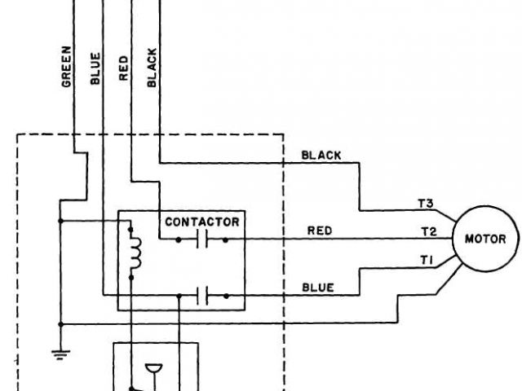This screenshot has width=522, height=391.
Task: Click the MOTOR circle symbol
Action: pos(485,239)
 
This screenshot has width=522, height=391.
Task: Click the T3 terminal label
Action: pos(424,203)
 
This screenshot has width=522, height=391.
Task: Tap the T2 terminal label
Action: pos(429,231)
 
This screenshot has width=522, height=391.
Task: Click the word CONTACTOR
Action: pos(202,222)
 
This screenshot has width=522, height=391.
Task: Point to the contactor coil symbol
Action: pos(136,254)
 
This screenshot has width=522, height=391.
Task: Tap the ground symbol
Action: pos(60,354)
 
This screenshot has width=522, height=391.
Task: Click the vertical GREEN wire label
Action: pos(68,67)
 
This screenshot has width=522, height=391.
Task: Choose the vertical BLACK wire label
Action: pos(152,67)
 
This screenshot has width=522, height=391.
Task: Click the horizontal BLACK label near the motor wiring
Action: pos(321,154)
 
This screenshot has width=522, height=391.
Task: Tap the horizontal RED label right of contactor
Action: pos(319,231)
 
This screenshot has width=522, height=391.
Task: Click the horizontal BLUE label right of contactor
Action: pos(318,287)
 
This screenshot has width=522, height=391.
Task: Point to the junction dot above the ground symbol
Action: pos(60,323)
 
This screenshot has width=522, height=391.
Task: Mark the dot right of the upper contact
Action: pos(224,239)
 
